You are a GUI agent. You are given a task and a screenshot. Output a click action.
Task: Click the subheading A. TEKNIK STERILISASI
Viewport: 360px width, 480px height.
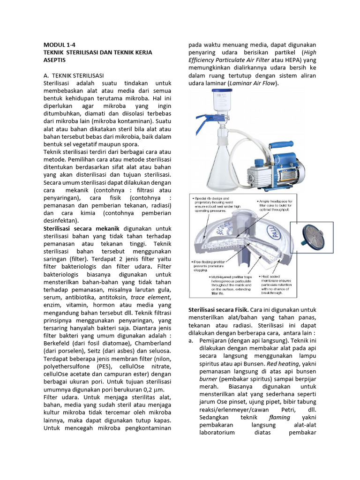click(73, 75)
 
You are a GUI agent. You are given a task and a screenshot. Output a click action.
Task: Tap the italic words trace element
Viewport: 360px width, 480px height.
click(144, 297)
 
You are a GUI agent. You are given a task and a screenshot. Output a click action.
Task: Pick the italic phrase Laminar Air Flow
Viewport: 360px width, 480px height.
click(253, 83)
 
